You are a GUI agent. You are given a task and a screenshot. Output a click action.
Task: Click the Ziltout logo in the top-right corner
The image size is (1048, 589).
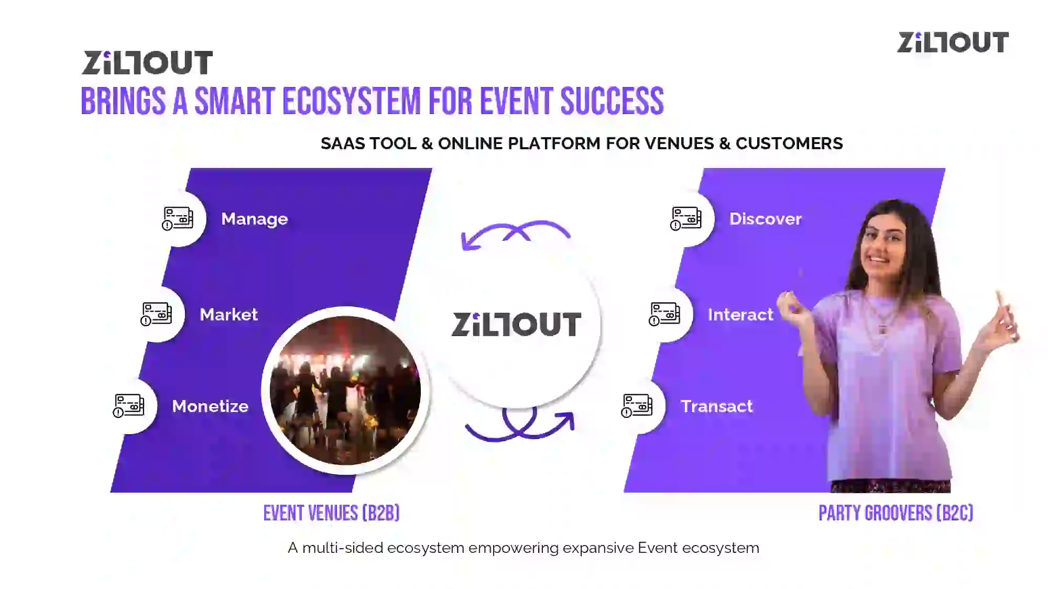click(953, 42)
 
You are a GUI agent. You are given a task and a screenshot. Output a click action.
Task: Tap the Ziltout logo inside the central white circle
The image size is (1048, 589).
click(516, 324)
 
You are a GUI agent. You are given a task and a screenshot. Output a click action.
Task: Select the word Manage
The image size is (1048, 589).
click(255, 219)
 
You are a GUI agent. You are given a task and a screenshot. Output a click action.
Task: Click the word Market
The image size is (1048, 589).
click(228, 315)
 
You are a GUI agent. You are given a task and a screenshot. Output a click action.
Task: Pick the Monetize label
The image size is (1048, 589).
click(210, 406)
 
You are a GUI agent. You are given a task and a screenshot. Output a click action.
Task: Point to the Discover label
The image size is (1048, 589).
click(766, 219)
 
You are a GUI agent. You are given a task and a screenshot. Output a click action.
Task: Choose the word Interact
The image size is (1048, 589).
click(740, 315)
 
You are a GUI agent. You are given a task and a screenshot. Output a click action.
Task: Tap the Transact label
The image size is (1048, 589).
click(716, 406)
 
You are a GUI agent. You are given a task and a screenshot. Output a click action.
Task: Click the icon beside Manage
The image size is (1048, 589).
click(177, 219)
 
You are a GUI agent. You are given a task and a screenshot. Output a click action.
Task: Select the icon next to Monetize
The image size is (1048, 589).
click(128, 406)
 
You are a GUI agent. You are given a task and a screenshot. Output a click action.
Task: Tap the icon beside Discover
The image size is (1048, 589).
click(685, 219)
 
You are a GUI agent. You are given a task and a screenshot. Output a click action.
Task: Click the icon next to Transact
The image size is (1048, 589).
click(637, 406)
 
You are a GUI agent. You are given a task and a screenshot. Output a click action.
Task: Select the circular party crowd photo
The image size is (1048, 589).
click(345, 390)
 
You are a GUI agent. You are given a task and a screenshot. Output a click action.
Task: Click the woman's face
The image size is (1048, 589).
click(885, 243)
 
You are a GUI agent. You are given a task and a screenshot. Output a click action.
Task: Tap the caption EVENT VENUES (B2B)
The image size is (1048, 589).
click(331, 514)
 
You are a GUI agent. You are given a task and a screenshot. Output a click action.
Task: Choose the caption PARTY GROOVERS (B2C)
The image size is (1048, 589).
click(896, 514)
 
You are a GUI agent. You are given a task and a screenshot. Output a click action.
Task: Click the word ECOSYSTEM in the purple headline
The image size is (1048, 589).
click(352, 101)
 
